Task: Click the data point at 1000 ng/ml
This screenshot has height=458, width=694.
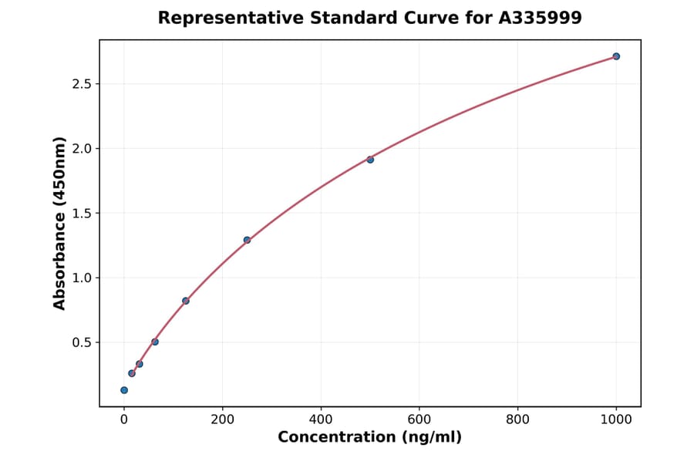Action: tap(616, 56)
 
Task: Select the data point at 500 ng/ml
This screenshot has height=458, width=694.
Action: tap(370, 160)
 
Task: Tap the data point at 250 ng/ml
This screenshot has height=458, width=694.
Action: tap(247, 240)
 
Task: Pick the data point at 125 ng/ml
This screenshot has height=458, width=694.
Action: tap(186, 301)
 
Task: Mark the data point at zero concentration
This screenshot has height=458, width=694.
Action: tap(124, 390)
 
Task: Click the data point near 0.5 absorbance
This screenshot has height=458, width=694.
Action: tap(155, 342)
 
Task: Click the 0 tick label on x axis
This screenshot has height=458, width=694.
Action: tap(124, 420)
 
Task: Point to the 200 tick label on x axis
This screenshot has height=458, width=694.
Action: tap(223, 420)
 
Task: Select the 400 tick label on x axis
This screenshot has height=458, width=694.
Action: tap(321, 420)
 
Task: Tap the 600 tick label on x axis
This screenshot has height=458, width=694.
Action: tap(419, 420)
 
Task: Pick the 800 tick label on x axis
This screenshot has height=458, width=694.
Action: tap(517, 420)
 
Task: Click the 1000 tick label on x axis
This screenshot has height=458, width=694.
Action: tap(616, 420)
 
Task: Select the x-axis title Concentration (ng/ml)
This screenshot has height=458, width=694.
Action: tap(369, 438)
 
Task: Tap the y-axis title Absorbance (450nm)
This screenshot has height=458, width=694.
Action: tap(59, 224)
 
